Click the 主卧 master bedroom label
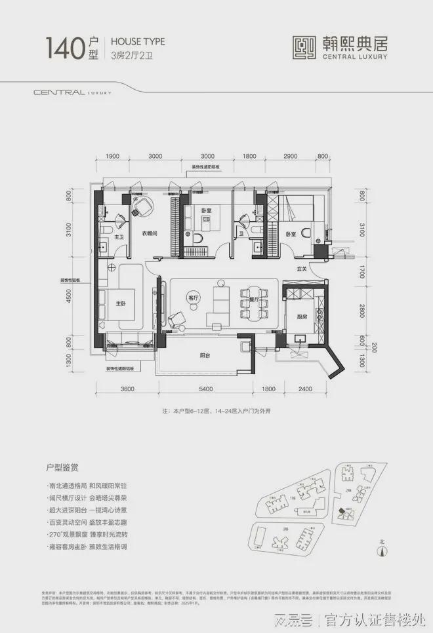(x=121, y=303)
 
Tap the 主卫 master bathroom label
(x=120, y=237)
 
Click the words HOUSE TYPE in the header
(x=139, y=41)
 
